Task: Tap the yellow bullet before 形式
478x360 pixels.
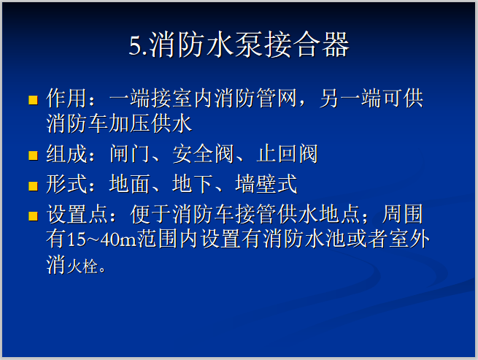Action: (32, 185)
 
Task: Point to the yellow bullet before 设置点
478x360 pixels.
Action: (32, 216)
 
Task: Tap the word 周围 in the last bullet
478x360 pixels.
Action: (404, 215)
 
